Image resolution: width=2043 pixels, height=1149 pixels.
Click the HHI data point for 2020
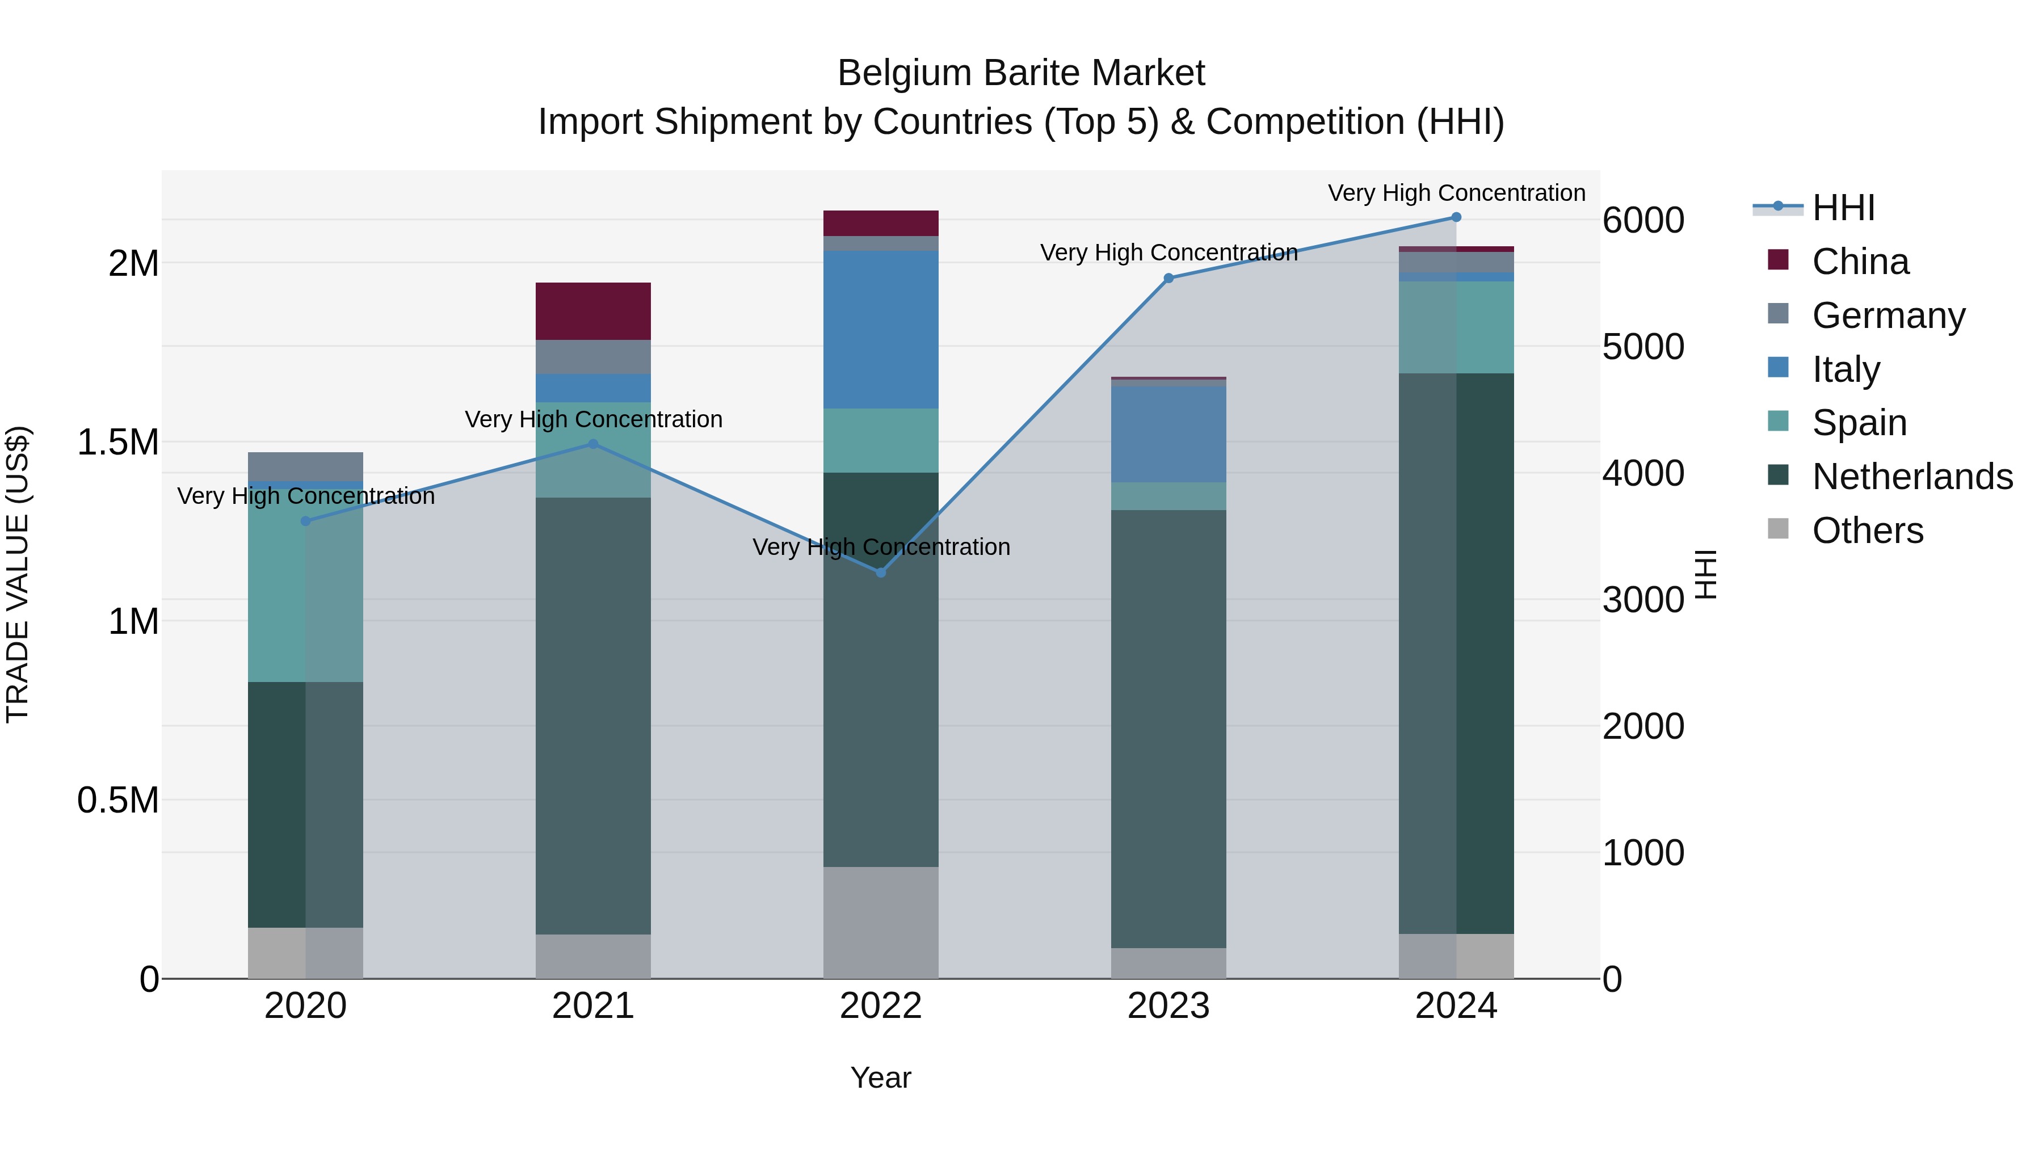click(x=305, y=521)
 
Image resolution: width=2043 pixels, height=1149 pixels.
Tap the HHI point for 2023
click(x=1168, y=279)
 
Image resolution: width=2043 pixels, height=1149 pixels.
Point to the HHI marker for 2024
click(x=1456, y=217)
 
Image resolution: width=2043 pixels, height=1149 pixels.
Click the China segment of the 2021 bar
click(x=593, y=311)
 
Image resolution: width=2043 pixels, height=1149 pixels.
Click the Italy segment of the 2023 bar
click(x=1168, y=433)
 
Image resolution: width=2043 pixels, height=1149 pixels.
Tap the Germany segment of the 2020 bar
click(x=305, y=466)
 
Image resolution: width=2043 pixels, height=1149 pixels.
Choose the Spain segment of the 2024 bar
click(x=1456, y=327)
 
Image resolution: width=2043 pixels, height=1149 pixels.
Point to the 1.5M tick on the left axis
click(x=118, y=443)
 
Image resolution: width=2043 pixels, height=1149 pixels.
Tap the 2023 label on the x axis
click(x=1168, y=1006)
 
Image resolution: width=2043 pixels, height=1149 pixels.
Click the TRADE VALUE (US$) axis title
click(x=18, y=574)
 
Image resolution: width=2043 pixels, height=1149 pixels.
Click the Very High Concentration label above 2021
click(x=593, y=419)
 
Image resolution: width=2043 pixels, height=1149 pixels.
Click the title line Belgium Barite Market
click(x=1021, y=73)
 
